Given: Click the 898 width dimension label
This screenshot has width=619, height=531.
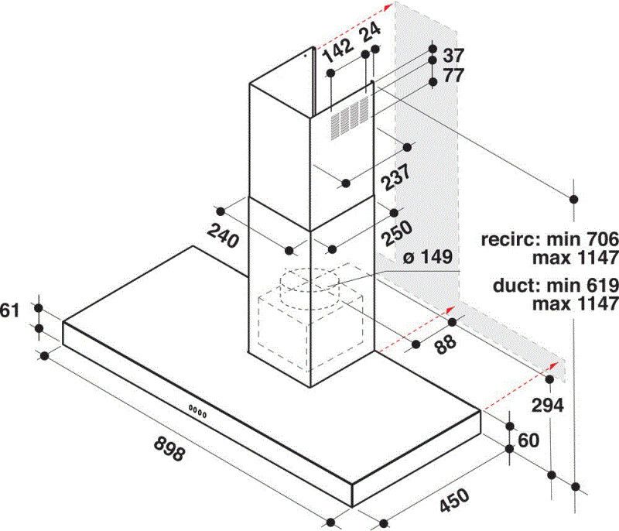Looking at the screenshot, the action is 169,447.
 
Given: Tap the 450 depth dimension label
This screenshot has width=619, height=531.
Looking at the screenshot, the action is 454,500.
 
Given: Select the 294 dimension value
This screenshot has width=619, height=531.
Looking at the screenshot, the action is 548,405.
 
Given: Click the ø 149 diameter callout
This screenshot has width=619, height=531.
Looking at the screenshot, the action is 428,257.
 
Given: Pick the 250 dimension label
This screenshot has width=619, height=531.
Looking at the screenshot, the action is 397,234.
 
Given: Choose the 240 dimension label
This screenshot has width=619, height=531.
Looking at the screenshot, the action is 223,235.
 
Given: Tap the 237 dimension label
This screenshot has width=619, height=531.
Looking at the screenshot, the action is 396,178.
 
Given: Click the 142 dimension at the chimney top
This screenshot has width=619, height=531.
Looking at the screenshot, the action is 338,50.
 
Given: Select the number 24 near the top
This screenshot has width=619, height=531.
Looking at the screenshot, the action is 371,32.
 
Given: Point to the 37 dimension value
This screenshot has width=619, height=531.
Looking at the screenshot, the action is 453,56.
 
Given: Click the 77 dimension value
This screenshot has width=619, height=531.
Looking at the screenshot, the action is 453,75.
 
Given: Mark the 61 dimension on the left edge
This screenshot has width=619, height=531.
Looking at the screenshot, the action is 9,310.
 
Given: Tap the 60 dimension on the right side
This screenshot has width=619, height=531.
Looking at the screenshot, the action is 528,440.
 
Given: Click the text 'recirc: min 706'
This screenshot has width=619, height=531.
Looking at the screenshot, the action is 549,239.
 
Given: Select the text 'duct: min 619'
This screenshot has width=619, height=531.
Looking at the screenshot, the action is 556,285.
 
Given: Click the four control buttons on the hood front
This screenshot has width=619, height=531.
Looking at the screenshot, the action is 197,411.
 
